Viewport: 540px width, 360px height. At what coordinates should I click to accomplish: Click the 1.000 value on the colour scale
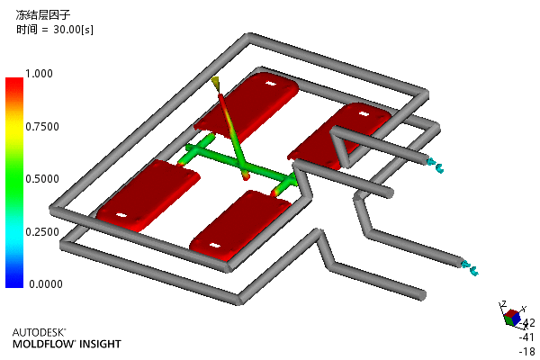pyautogui.click(x=39, y=74)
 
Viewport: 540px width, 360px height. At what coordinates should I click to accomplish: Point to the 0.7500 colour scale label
pyautogui.click(x=42, y=127)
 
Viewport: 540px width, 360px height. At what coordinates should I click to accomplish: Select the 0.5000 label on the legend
pyautogui.click(x=42, y=179)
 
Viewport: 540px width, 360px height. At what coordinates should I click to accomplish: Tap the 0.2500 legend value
pyautogui.click(x=42, y=232)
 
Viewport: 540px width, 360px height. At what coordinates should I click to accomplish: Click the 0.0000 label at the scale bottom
pyautogui.click(x=46, y=284)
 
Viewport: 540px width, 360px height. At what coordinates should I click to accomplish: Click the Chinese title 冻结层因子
pyautogui.click(x=43, y=14)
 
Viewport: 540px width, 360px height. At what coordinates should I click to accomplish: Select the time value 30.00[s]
pyautogui.click(x=73, y=30)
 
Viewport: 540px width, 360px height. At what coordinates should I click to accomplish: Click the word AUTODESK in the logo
pyautogui.click(x=38, y=332)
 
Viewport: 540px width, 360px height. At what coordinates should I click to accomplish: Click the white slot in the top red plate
pyautogui.click(x=271, y=84)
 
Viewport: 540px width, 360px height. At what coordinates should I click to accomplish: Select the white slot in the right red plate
pyautogui.click(x=364, y=113)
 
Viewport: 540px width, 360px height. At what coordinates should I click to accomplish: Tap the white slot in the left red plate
pyautogui.click(x=121, y=216)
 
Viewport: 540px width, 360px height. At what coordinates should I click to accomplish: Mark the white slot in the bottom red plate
pyautogui.click(x=214, y=246)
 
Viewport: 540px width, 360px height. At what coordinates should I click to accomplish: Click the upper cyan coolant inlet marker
pyautogui.click(x=436, y=166)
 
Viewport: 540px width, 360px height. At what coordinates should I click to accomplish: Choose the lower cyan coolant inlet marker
pyautogui.click(x=470, y=268)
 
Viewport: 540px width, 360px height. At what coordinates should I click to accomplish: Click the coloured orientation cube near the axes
pyautogui.click(x=512, y=318)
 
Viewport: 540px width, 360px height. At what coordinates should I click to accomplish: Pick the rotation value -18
pyautogui.click(x=527, y=351)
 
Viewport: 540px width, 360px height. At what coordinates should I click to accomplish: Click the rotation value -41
pyautogui.click(x=526, y=337)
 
